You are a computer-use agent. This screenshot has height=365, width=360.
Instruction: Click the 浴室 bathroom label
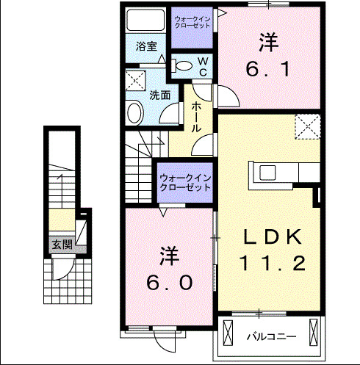tap(146, 46)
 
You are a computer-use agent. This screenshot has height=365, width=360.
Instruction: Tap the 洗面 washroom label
tap(160, 95)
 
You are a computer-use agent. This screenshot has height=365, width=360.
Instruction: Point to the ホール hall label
tap(197, 116)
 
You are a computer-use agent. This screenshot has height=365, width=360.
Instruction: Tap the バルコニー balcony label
tap(270, 337)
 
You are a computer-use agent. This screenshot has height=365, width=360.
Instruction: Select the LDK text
tap(273, 236)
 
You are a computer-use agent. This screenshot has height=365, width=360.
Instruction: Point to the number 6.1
tap(270, 70)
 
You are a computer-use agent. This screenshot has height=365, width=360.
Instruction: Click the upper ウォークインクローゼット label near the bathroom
tap(192, 21)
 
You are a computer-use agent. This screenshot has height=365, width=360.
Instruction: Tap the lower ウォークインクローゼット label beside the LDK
tap(185, 183)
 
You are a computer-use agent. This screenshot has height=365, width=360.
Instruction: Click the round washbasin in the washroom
tap(134, 112)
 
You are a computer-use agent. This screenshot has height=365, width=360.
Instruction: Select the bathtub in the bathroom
tap(146, 20)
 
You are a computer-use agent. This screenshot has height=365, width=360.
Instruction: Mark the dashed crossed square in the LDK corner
tap(308, 127)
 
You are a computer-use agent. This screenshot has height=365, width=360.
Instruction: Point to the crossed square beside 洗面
tap(134, 81)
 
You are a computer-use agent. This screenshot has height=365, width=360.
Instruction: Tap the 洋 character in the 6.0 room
tap(168, 256)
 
